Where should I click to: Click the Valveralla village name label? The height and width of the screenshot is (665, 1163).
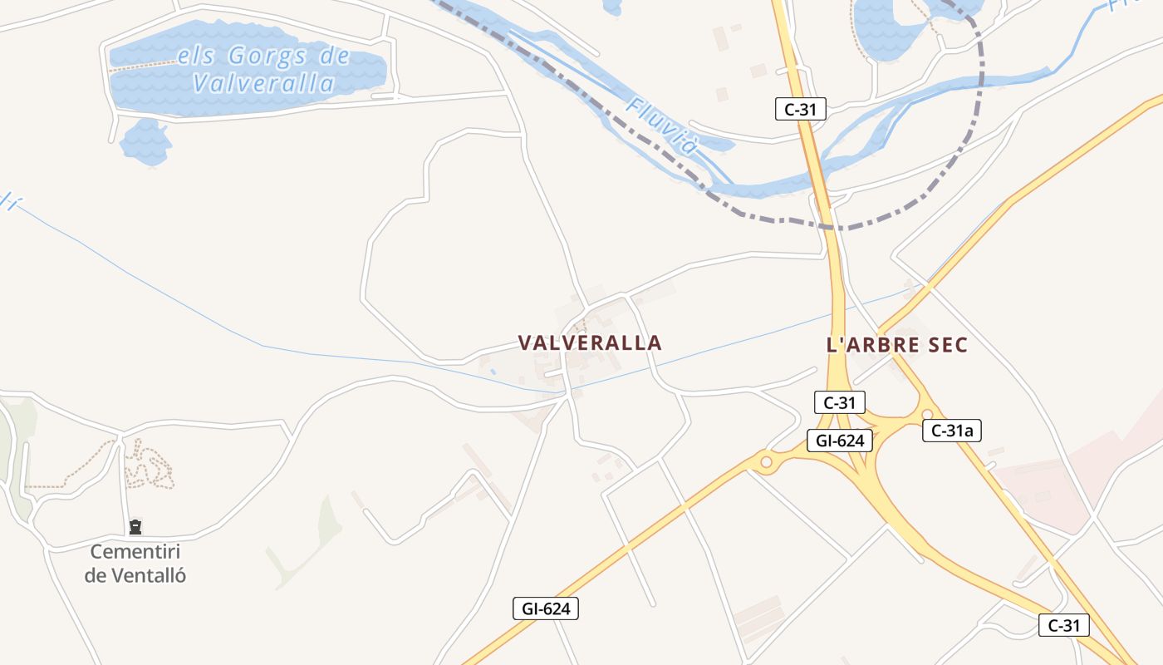point(590,342)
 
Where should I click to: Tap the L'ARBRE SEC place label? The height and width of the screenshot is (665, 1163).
point(897,345)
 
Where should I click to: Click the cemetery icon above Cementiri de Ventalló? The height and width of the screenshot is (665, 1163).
point(135,526)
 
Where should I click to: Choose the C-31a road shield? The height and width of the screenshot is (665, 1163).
point(952,430)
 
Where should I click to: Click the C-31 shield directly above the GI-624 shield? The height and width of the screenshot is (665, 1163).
point(839,402)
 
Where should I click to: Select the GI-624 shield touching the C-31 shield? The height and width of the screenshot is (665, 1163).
point(840,441)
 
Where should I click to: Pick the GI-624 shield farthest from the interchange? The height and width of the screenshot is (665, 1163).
point(545,608)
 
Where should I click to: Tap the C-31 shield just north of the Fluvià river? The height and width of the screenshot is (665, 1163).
point(801,109)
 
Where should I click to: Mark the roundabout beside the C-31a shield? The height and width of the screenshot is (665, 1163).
point(927,414)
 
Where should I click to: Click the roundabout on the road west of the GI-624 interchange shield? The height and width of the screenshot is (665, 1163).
point(766,461)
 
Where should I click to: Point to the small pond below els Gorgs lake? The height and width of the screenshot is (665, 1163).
point(145,140)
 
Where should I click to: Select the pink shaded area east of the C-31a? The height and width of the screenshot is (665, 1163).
point(1055,482)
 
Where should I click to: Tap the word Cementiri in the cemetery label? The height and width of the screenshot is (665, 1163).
point(135,551)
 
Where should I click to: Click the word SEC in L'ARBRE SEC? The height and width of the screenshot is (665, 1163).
point(950,345)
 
